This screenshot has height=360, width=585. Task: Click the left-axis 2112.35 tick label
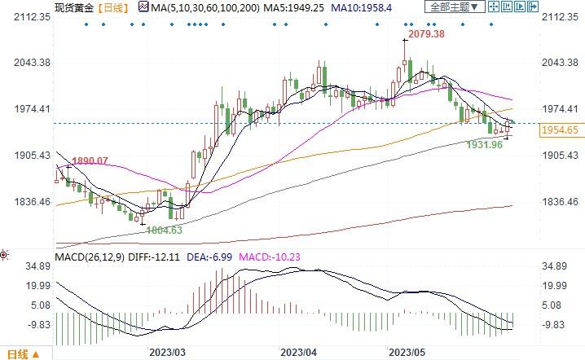click(x=28, y=16)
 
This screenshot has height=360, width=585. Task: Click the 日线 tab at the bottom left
click(x=18, y=353)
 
